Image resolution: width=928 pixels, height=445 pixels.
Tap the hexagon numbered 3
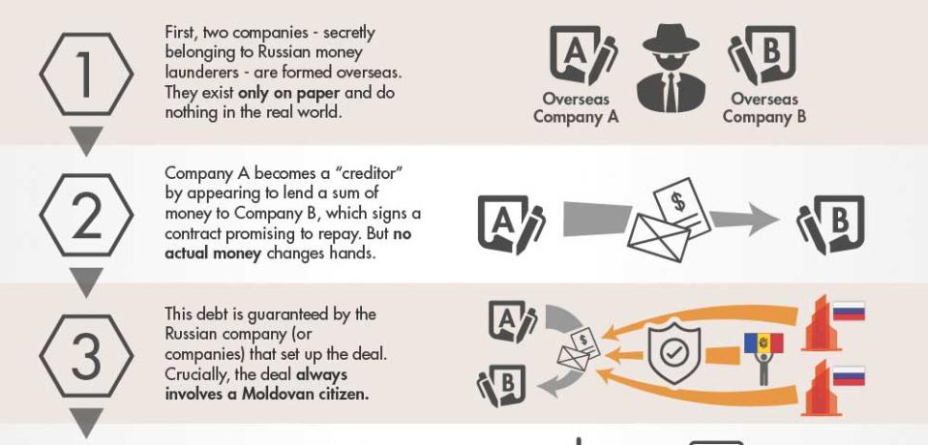click(x=87, y=357)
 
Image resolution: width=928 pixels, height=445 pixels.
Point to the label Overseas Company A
click(x=576, y=108)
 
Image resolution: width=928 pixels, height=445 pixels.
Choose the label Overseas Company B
click(x=763, y=108)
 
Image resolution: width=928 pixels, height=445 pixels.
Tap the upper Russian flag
click(x=849, y=311)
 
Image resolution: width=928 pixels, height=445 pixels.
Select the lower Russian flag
click(x=849, y=375)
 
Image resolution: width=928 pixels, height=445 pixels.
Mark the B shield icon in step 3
click(x=505, y=387)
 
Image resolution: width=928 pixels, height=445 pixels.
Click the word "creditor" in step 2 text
click(x=367, y=172)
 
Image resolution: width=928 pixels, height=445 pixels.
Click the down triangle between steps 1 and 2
click(x=87, y=141)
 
